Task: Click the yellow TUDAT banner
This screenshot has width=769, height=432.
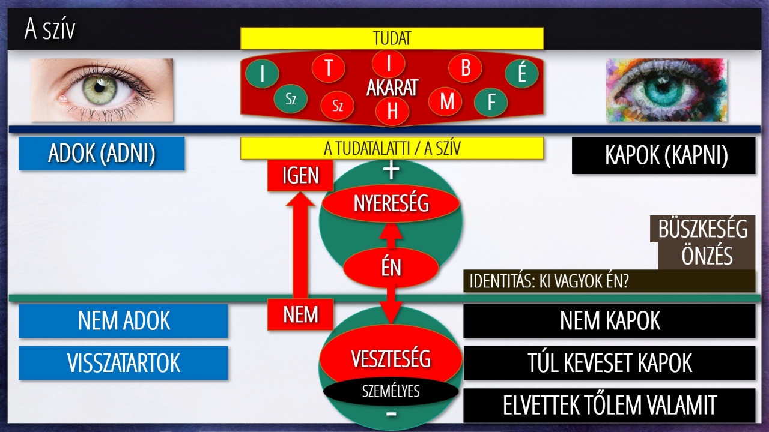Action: pyautogui.click(x=392, y=38)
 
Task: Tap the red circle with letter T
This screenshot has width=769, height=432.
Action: pyautogui.click(x=329, y=68)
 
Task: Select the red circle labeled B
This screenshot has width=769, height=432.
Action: pyautogui.click(x=465, y=68)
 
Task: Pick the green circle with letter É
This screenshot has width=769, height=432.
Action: pyautogui.click(x=521, y=73)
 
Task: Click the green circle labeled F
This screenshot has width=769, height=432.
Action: pyautogui.click(x=491, y=102)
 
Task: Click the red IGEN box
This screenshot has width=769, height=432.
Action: pyautogui.click(x=300, y=175)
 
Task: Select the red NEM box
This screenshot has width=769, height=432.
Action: pyautogui.click(x=300, y=314)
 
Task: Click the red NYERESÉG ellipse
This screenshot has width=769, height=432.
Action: pyautogui.click(x=391, y=203)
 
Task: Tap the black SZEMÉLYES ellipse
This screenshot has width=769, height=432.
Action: pyautogui.click(x=391, y=391)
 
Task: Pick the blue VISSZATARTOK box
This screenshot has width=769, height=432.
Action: pyautogui.click(x=123, y=363)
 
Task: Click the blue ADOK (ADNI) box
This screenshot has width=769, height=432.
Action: pyautogui.click(x=102, y=153)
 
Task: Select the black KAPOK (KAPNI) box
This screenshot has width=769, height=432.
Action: pyautogui.click(x=664, y=155)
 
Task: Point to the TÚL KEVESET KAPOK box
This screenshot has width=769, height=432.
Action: pyautogui.click(x=609, y=363)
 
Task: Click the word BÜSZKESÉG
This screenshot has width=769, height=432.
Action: pyautogui.click(x=703, y=229)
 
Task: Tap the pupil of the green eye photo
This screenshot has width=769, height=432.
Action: pyautogui.click(x=100, y=88)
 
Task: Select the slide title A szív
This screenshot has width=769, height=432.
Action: pyautogui.click(x=50, y=29)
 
